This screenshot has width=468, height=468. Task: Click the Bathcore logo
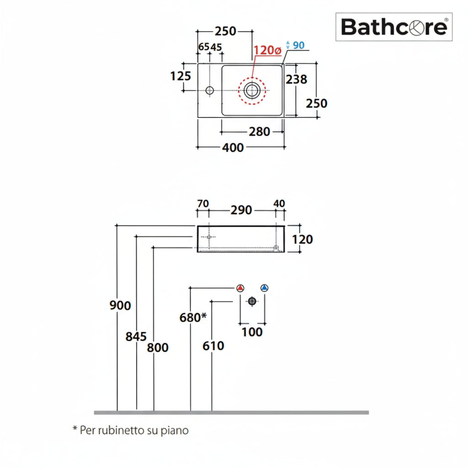394,27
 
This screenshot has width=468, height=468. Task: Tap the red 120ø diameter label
267,51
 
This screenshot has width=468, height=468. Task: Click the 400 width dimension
233,148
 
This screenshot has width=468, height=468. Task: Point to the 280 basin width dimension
259,132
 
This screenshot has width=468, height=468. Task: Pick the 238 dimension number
296,79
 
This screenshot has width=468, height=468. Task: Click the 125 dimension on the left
181,76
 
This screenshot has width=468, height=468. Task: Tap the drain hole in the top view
251,90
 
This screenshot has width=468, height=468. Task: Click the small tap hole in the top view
209,90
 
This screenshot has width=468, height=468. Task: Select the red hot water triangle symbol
240,288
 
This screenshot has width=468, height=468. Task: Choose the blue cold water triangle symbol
264,288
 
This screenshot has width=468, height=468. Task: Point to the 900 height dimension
120,305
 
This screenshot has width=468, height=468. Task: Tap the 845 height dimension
136,337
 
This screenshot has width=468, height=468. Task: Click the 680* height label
193,317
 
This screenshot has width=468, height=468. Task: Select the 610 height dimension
213,346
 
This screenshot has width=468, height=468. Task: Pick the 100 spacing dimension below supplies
252,332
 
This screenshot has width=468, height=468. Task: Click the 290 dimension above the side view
241,210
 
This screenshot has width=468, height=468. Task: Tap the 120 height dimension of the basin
303,239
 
